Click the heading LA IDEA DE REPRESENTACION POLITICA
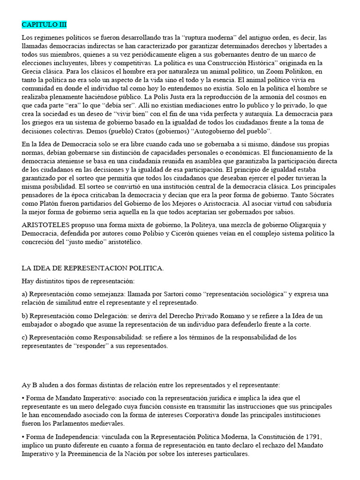pyautogui.click(x=93, y=268)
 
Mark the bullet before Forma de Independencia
pyautogui.click(x=23, y=437)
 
